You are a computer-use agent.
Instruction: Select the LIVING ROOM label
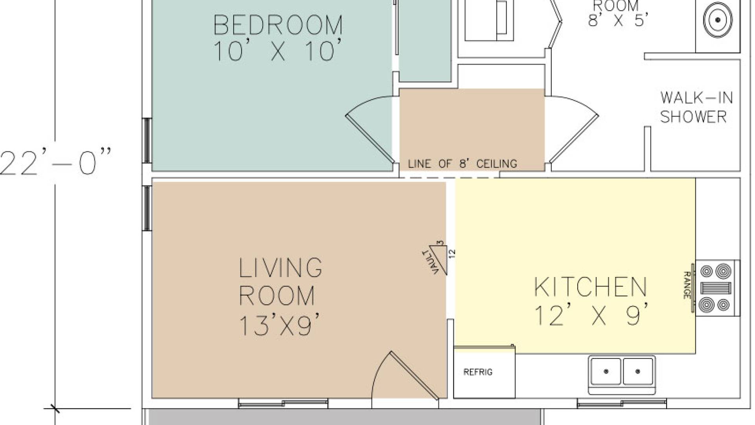click(280, 281)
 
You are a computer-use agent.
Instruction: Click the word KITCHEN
click(590, 287)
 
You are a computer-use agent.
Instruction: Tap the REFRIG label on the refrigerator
click(478, 372)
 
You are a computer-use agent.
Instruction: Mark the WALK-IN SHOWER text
click(696, 107)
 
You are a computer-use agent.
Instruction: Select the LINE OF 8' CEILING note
click(462, 164)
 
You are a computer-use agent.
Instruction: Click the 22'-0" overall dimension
click(55, 161)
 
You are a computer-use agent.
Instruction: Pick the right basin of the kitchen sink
click(638, 371)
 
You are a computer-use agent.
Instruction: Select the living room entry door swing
click(405, 374)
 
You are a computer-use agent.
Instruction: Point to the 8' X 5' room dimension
click(618, 20)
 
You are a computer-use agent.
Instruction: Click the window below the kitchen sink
click(622, 403)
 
